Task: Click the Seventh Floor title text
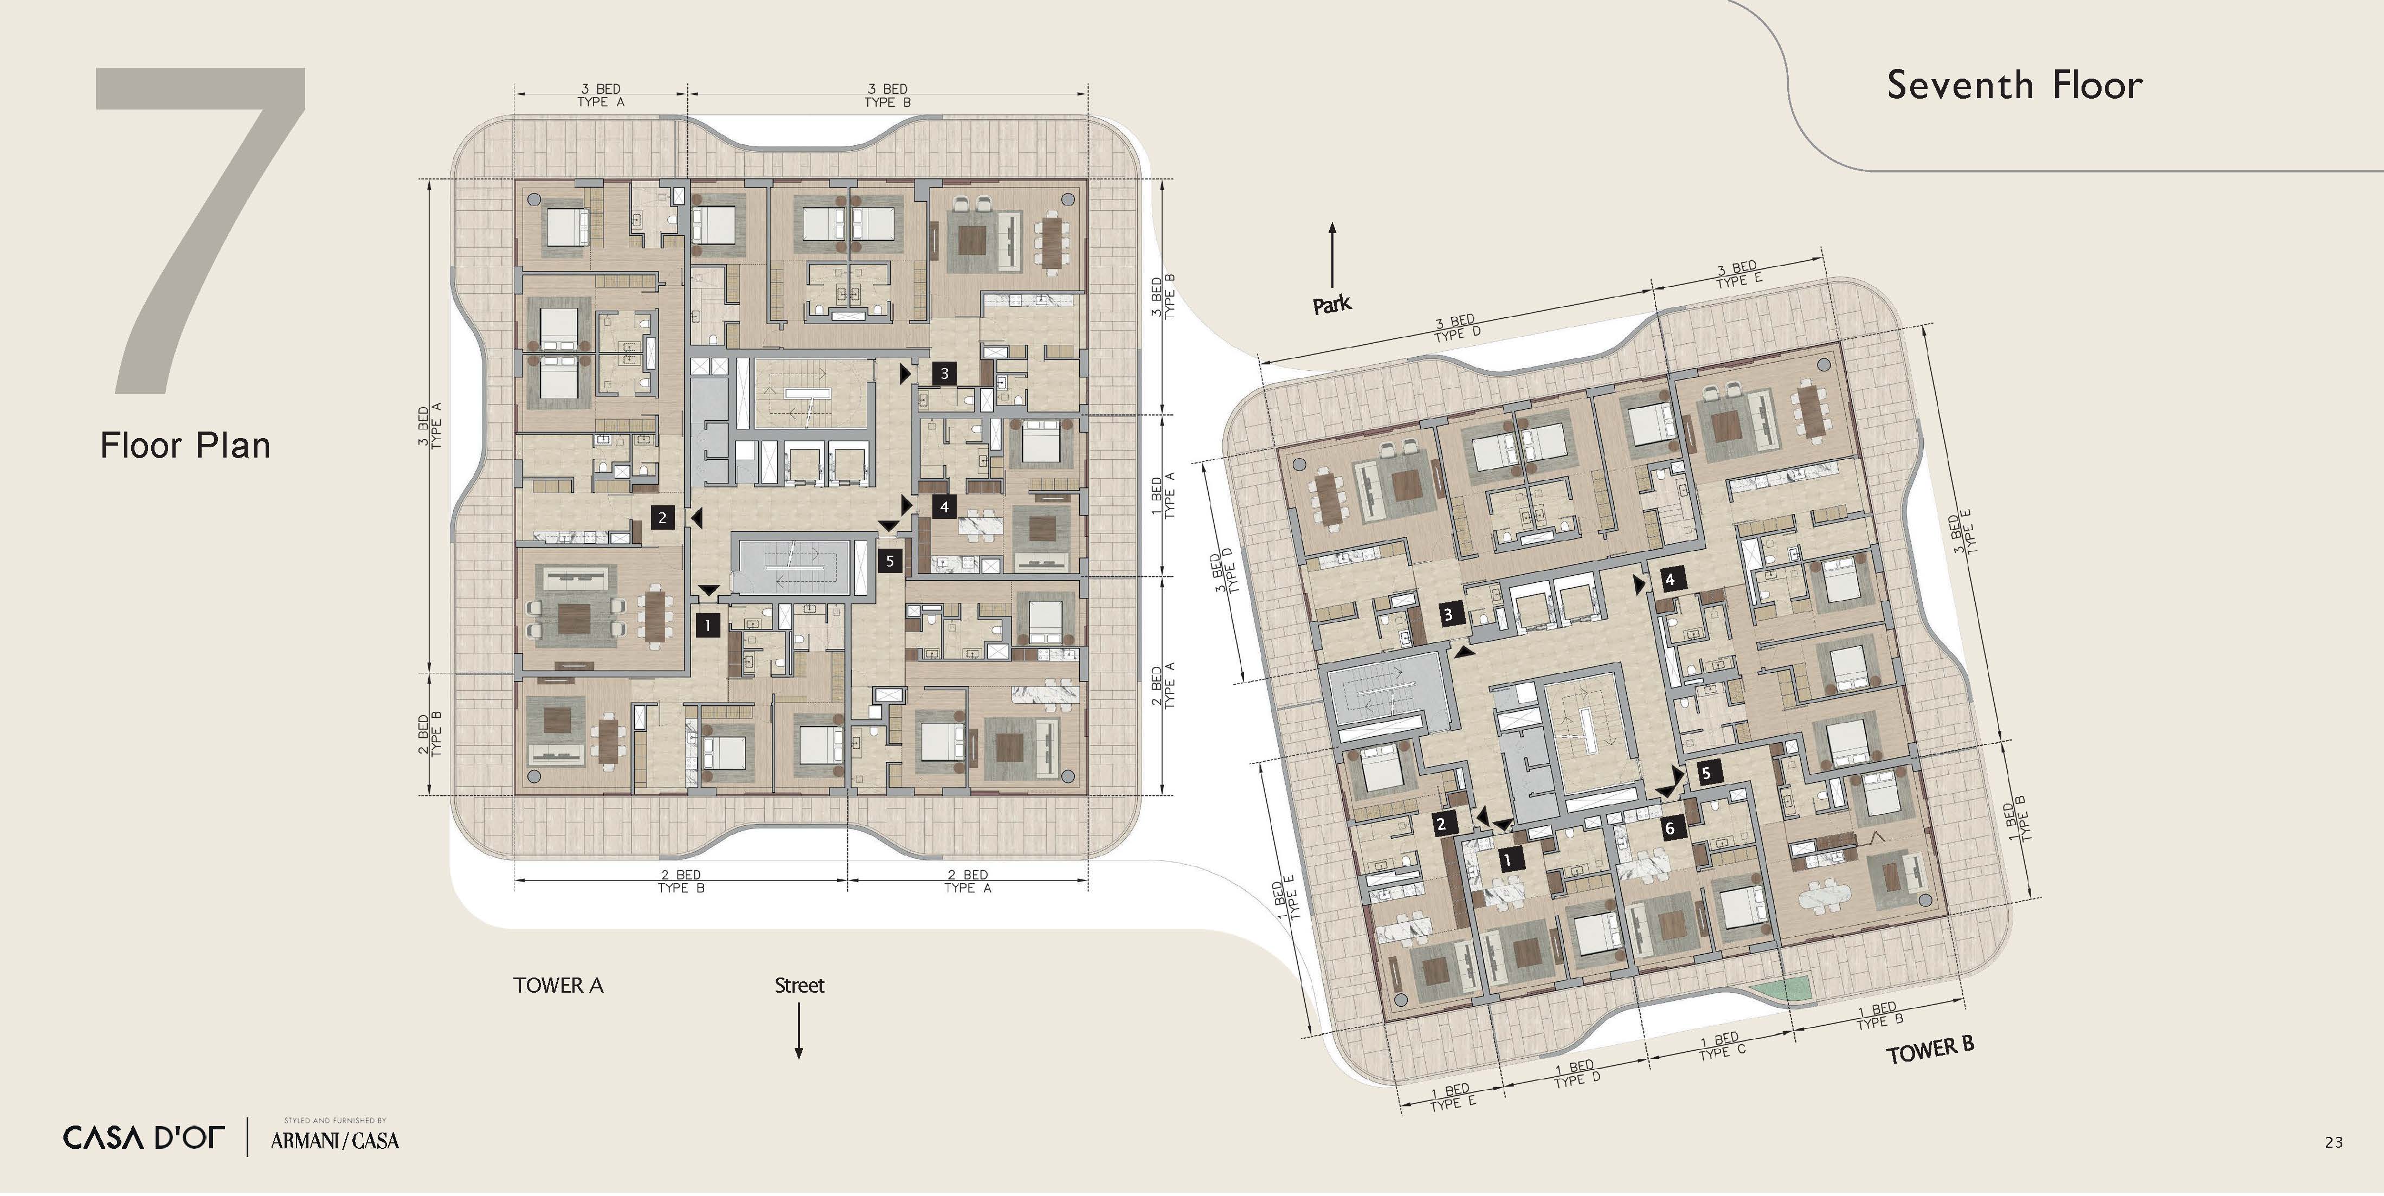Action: pyautogui.click(x=2015, y=85)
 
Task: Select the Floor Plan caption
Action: pyautogui.click(x=185, y=445)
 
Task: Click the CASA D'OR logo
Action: pyautogui.click(x=144, y=1137)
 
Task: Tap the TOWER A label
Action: pyautogui.click(x=558, y=986)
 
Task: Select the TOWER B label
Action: pyautogui.click(x=1930, y=1051)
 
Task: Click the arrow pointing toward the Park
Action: pyautogui.click(x=1333, y=255)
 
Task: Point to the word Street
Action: pyautogui.click(x=798, y=986)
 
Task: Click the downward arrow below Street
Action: pyautogui.click(x=798, y=1030)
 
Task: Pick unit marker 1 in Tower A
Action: pyautogui.click(x=708, y=626)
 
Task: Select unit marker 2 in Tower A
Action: pyautogui.click(x=662, y=517)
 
